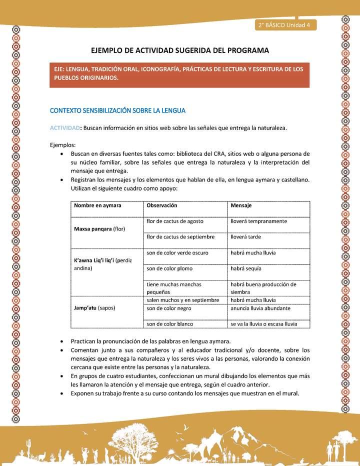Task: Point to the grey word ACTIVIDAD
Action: (64, 128)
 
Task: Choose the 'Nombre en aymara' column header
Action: (97, 205)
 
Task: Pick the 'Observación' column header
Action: (161, 205)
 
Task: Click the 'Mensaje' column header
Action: (241, 205)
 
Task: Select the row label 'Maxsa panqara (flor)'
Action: (100, 229)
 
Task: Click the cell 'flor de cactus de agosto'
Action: (175, 221)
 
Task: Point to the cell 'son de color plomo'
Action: (169, 268)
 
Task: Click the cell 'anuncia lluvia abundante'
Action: (260, 308)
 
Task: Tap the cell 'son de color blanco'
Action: (170, 324)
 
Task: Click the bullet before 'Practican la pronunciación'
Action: (61, 341)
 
